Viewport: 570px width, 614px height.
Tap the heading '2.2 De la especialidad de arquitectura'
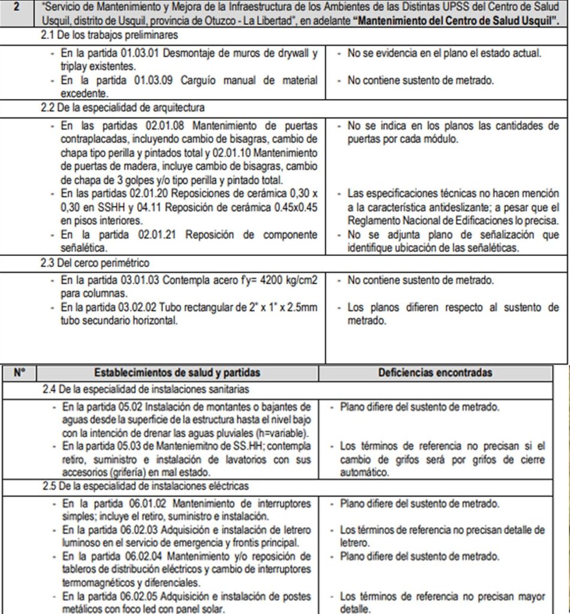click(x=119, y=108)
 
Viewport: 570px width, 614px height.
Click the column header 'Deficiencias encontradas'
click(x=435, y=372)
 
